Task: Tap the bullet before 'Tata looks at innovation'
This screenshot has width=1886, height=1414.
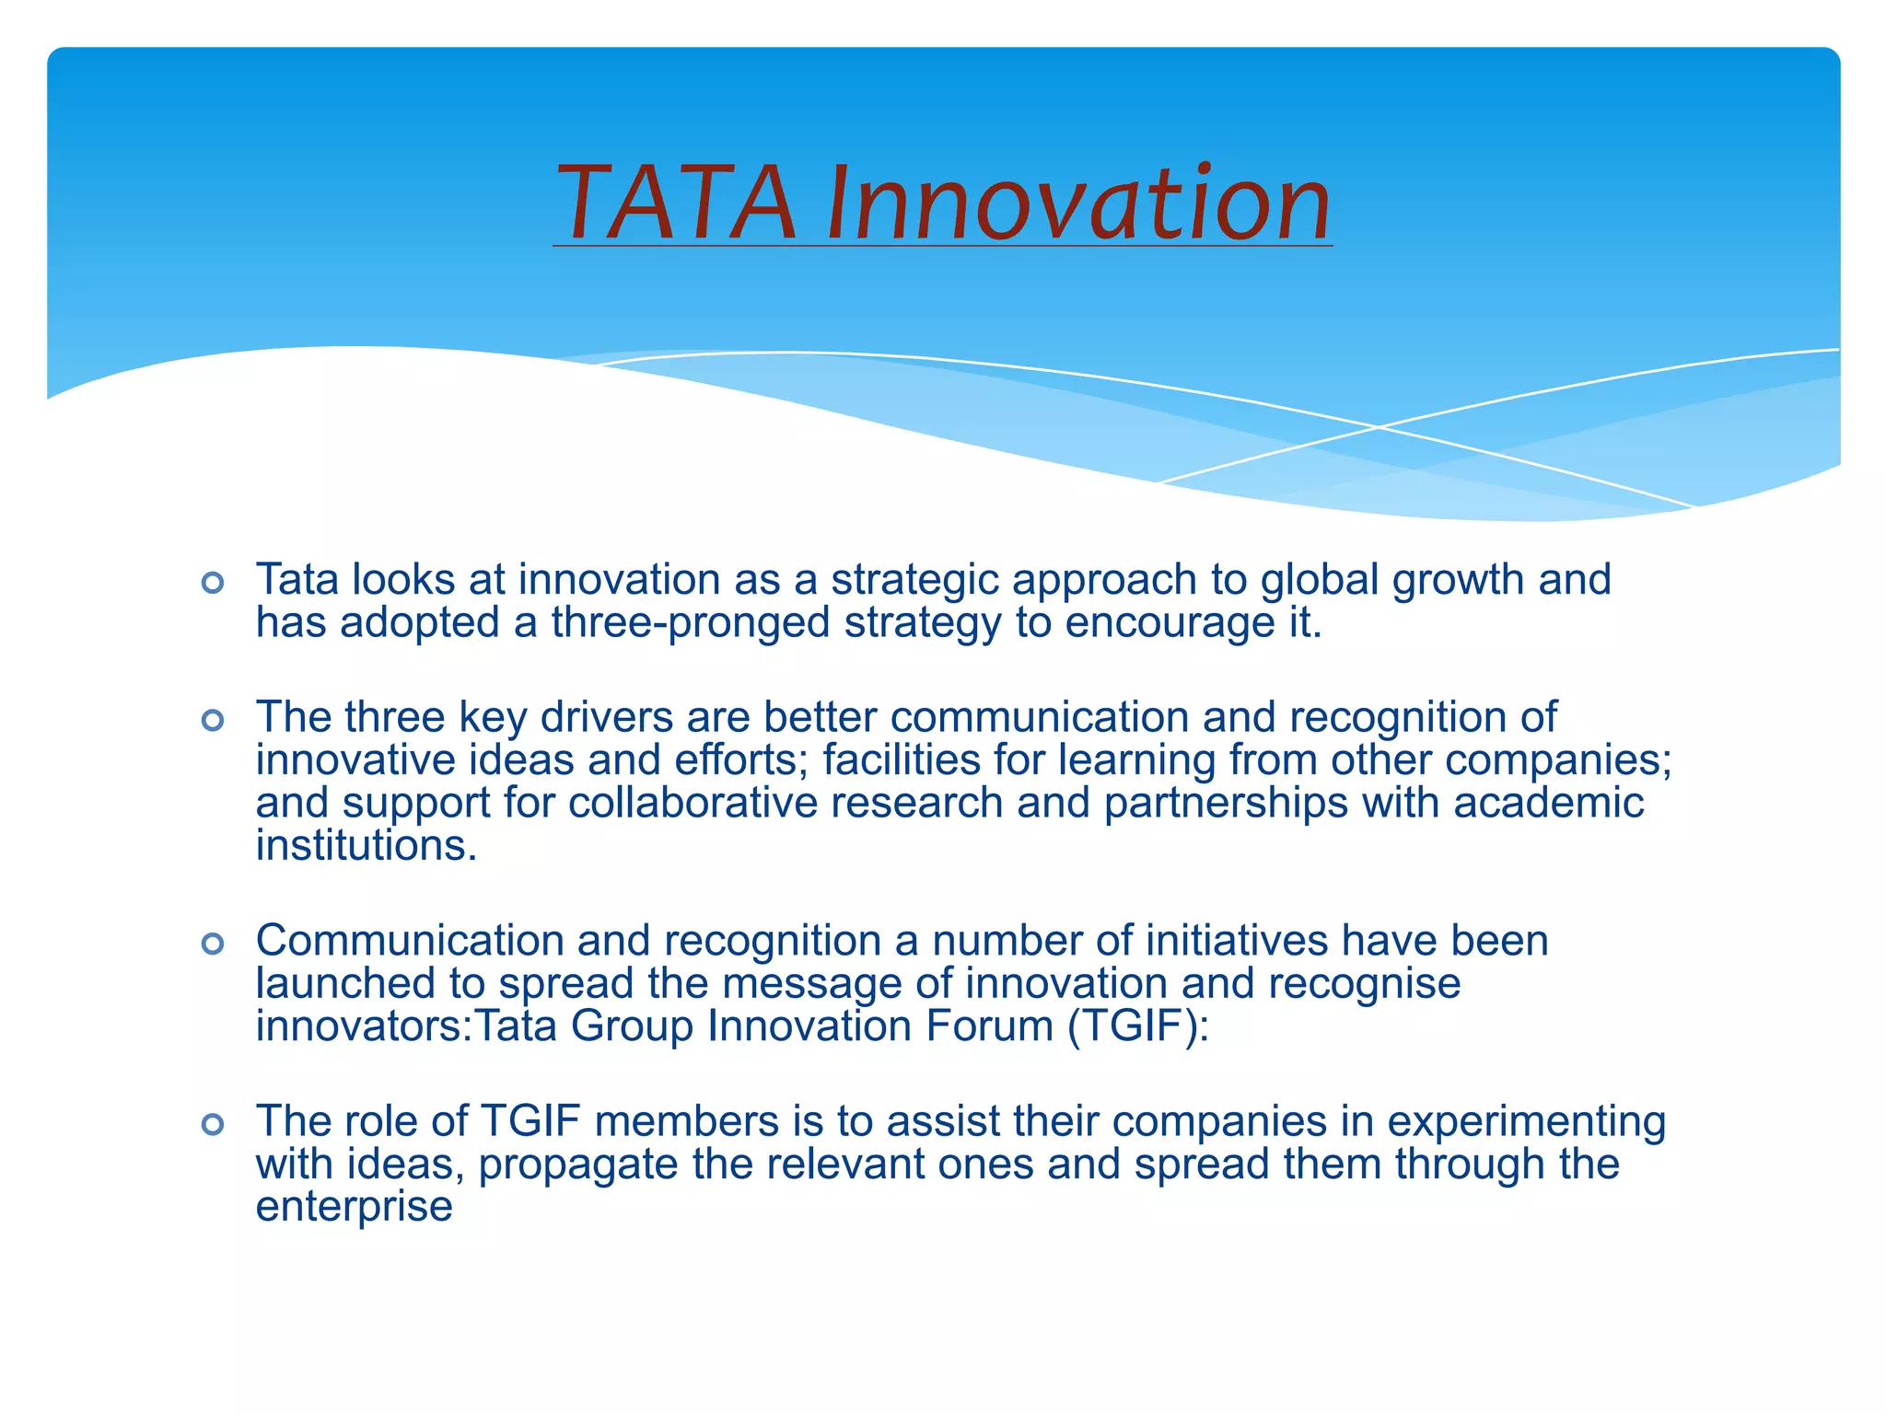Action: point(213,583)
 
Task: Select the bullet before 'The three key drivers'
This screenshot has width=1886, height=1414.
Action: point(213,720)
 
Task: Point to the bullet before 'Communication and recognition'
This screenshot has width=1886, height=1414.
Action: point(213,944)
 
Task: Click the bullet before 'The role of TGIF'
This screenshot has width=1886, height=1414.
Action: point(213,1124)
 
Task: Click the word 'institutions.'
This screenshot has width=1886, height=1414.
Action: point(367,846)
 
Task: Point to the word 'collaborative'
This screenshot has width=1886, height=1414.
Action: point(693,803)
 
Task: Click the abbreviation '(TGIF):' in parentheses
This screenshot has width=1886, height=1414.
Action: point(1138,1026)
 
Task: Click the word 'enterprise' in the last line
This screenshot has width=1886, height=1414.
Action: point(354,1207)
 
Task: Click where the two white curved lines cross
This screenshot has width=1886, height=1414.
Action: point(1379,427)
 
